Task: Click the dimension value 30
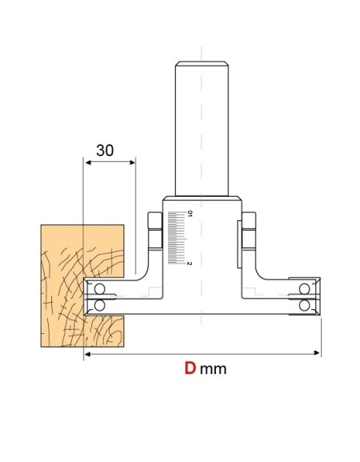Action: coord(105,151)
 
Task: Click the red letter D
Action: coord(190,369)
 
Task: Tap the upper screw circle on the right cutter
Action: coord(305,289)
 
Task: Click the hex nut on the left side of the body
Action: coord(156,231)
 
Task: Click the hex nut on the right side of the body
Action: coord(250,231)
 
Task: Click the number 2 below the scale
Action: coord(190,263)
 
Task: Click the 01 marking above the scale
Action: coord(190,214)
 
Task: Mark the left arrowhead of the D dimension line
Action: coord(86,352)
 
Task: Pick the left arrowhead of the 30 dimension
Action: coord(86,163)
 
